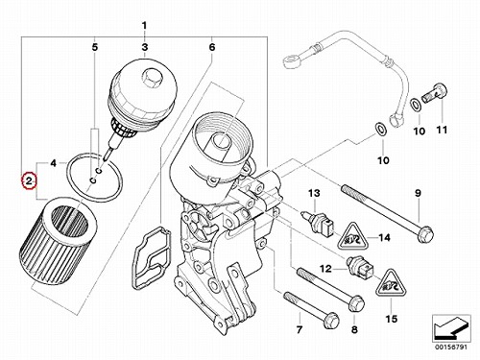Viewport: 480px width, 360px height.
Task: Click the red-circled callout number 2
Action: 29,181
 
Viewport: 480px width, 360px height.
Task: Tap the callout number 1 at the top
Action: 144,25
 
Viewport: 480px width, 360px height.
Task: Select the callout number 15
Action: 392,319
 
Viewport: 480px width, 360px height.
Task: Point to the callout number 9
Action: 419,193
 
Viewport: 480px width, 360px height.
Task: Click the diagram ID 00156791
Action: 451,348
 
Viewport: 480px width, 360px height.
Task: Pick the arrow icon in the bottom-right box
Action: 451,327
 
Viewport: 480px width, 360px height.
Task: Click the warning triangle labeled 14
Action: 352,237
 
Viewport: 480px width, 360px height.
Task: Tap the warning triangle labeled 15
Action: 391,283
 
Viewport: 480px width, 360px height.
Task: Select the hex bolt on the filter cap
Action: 150,78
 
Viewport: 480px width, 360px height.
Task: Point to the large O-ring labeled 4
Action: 94,178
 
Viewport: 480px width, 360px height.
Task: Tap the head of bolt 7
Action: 330,320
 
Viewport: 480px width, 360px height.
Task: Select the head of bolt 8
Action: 356,302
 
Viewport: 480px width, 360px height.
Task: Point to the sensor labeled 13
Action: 319,222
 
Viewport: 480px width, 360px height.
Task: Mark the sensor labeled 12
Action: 360,267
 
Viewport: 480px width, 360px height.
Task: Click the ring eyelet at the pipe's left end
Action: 291,60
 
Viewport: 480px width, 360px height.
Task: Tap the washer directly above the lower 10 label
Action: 381,129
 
